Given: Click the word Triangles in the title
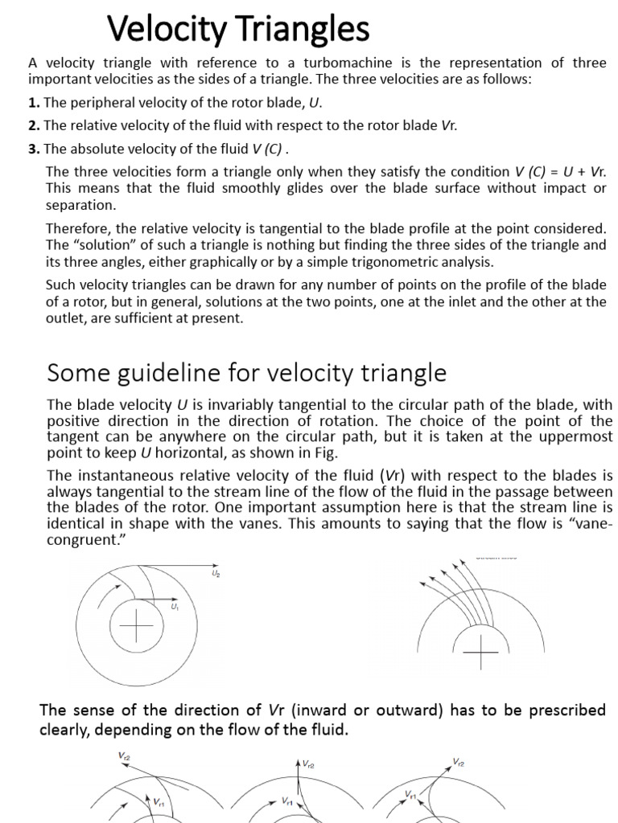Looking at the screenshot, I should tap(295, 31).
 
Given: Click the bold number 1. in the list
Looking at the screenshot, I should tap(34, 103).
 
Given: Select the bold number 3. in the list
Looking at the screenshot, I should tap(34, 149).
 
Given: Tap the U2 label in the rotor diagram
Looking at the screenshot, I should tap(215, 574).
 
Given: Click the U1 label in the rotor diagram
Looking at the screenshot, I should tap(174, 608).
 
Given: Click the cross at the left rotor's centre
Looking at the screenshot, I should tap(137, 626).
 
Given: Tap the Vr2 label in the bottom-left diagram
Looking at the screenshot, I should tap(125, 755).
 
